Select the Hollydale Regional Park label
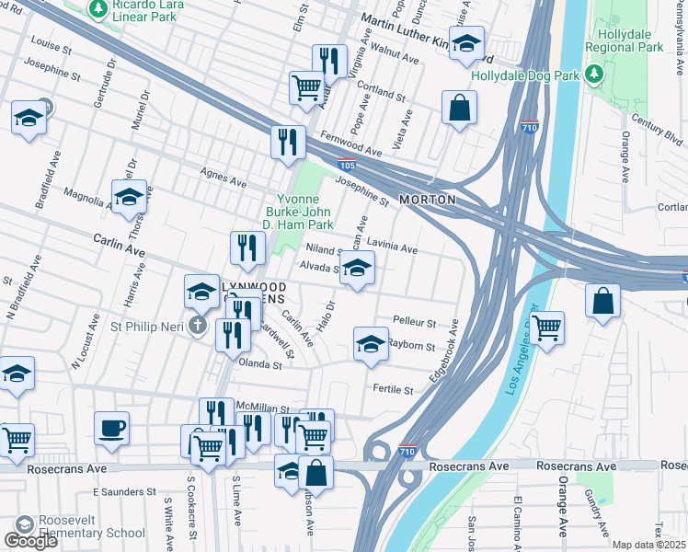pos(629,40)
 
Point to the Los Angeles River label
pos(527,341)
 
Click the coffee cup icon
pos(111,429)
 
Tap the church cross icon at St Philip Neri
pos(197,325)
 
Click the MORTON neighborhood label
pos(429,200)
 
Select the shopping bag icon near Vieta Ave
pos(458,109)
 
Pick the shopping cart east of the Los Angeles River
pos(546,326)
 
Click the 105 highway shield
pos(346,166)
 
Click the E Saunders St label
pos(120,491)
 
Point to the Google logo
pos(30,541)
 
